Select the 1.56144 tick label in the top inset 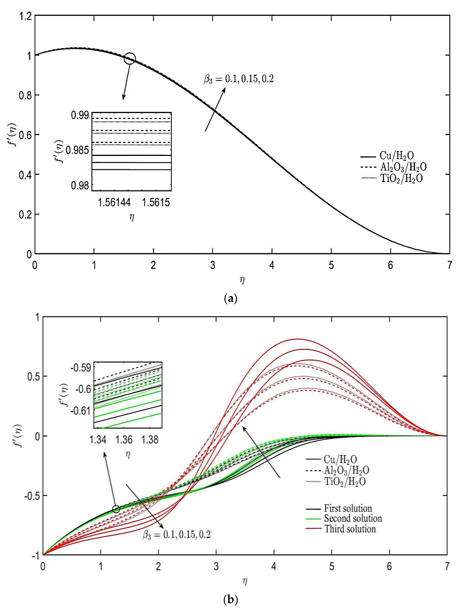[114, 202]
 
